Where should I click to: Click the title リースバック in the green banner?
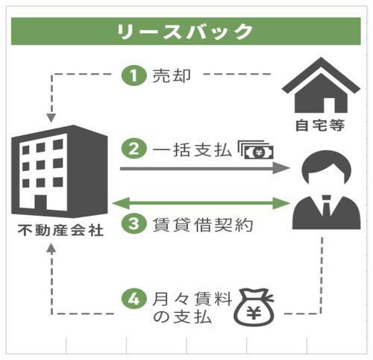pyautogui.click(x=185, y=31)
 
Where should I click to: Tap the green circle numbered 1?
pyautogui.click(x=134, y=75)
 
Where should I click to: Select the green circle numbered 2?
pyautogui.click(x=134, y=149)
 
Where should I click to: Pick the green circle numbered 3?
pyautogui.click(x=134, y=223)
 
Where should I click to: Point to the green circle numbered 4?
pyautogui.click(x=134, y=299)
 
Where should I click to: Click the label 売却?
pyautogui.click(x=172, y=75)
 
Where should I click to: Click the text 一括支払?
pyautogui.click(x=192, y=150)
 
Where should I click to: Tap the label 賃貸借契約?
pyautogui.click(x=203, y=224)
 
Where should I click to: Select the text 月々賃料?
pyautogui.click(x=192, y=299)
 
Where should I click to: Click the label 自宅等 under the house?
pyautogui.click(x=320, y=125)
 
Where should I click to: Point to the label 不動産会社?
pyautogui.click(x=60, y=230)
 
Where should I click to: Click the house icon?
pyautogui.click(x=321, y=85)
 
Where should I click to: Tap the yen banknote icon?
pyautogui.click(x=256, y=150)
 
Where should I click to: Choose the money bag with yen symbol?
pyautogui.click(x=254, y=307)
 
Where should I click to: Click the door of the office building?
pyautogui.click(x=40, y=202)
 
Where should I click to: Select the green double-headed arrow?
pyautogui.click(x=201, y=203)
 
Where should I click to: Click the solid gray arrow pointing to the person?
pyautogui.click(x=205, y=169)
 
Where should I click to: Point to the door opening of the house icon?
pyautogui.click(x=329, y=105)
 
